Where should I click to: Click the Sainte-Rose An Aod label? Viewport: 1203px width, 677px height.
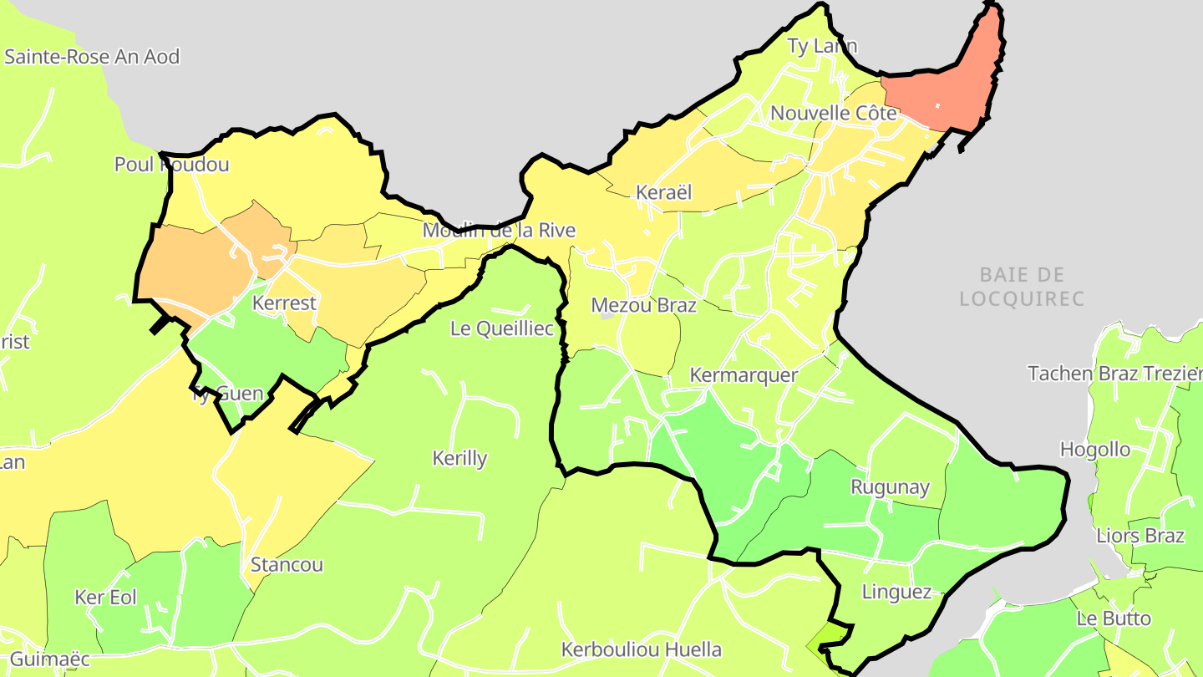[92, 57]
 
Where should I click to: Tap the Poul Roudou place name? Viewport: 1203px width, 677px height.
[171, 165]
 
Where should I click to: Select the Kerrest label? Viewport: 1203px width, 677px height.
[284, 303]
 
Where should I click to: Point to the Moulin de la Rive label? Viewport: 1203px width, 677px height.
[499, 230]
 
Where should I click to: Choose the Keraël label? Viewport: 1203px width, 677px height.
[664, 192]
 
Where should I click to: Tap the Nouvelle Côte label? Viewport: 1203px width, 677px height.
[833, 113]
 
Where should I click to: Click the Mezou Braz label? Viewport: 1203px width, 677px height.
[643, 305]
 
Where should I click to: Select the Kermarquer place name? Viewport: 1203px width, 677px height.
[744, 375]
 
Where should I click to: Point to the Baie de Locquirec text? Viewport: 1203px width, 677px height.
[1022, 286]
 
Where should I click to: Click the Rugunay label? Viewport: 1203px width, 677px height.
[890, 486]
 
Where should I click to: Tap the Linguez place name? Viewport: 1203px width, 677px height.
[896, 592]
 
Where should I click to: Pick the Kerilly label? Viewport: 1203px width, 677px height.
[459, 458]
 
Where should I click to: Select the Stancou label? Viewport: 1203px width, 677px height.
[287, 564]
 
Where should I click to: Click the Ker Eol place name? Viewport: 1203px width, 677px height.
[105, 597]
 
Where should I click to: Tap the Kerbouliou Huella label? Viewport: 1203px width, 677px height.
[641, 649]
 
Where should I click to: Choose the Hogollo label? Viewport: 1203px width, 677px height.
[1094, 450]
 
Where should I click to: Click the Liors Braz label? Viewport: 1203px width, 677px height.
[1140, 535]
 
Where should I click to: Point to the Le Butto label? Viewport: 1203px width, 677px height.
[1114, 618]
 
